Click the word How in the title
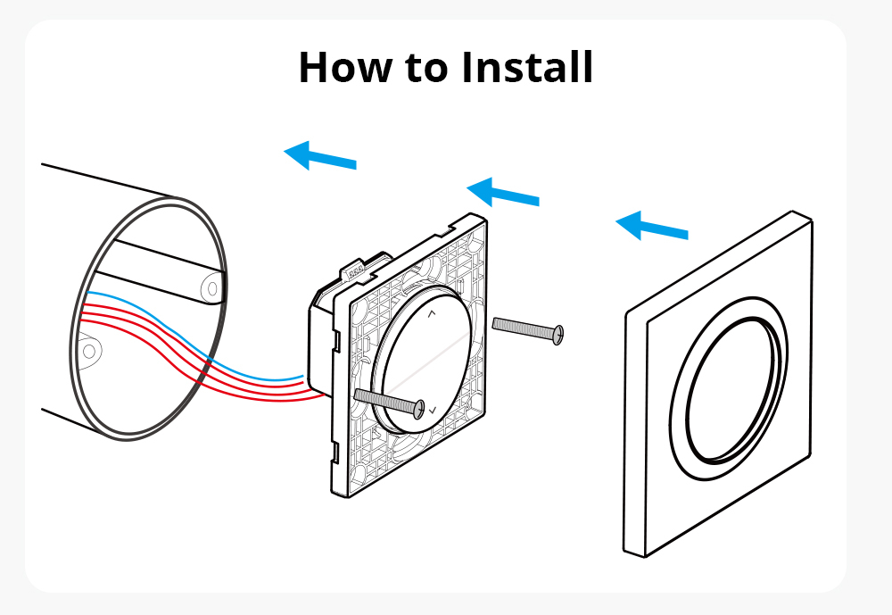pyautogui.click(x=344, y=67)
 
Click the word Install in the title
pyautogui.click(x=527, y=67)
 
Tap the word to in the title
pyautogui.click(x=426, y=69)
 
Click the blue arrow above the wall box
pyautogui.click(x=319, y=155)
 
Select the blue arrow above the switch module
pyautogui.click(x=503, y=192)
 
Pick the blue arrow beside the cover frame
pyautogui.click(x=652, y=226)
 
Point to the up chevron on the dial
pyautogui.click(x=431, y=313)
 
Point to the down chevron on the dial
pyautogui.click(x=433, y=410)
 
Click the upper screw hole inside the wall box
pyautogui.click(x=212, y=288)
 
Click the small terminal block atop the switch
pyautogui.click(x=357, y=271)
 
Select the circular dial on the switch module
pyautogui.click(x=422, y=360)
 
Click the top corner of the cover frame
pyautogui.click(x=794, y=212)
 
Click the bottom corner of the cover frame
pyautogui.click(x=644, y=556)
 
